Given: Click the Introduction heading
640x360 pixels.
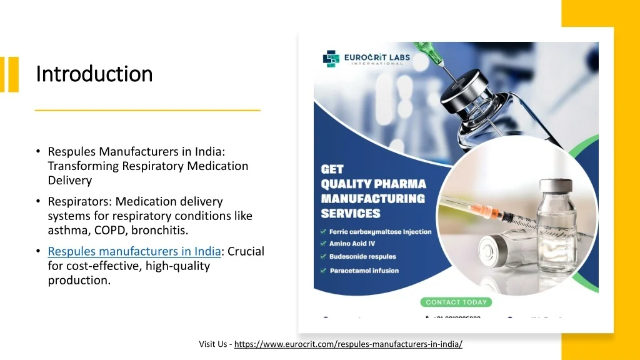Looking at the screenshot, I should pos(94,74).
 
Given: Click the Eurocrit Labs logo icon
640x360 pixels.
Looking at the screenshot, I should pos(331,59).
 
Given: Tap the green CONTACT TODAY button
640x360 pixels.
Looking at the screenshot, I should pos(456,302).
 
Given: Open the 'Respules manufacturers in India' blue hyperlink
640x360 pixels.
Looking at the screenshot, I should pos(134,251).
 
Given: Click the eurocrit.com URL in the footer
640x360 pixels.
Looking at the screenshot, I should pos(348,344).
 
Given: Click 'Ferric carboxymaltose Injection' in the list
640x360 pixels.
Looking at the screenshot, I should pos(380,232).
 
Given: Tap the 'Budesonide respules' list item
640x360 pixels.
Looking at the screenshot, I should pos(362,257).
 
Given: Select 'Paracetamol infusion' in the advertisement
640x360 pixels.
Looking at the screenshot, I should pos(364,271).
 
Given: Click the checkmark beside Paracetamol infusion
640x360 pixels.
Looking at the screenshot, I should pos(324,271).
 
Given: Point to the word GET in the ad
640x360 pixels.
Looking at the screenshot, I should pos(332,169).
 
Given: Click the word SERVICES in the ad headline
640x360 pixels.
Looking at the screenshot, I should pos(350,214).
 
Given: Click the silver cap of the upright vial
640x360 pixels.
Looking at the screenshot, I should pos(555,186).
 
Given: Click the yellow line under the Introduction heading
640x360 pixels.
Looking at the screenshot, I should pos(147,110).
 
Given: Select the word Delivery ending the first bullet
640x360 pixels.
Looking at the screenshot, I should pos(70,180).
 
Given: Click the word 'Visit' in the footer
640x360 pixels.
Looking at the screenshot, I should pos(207,344).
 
